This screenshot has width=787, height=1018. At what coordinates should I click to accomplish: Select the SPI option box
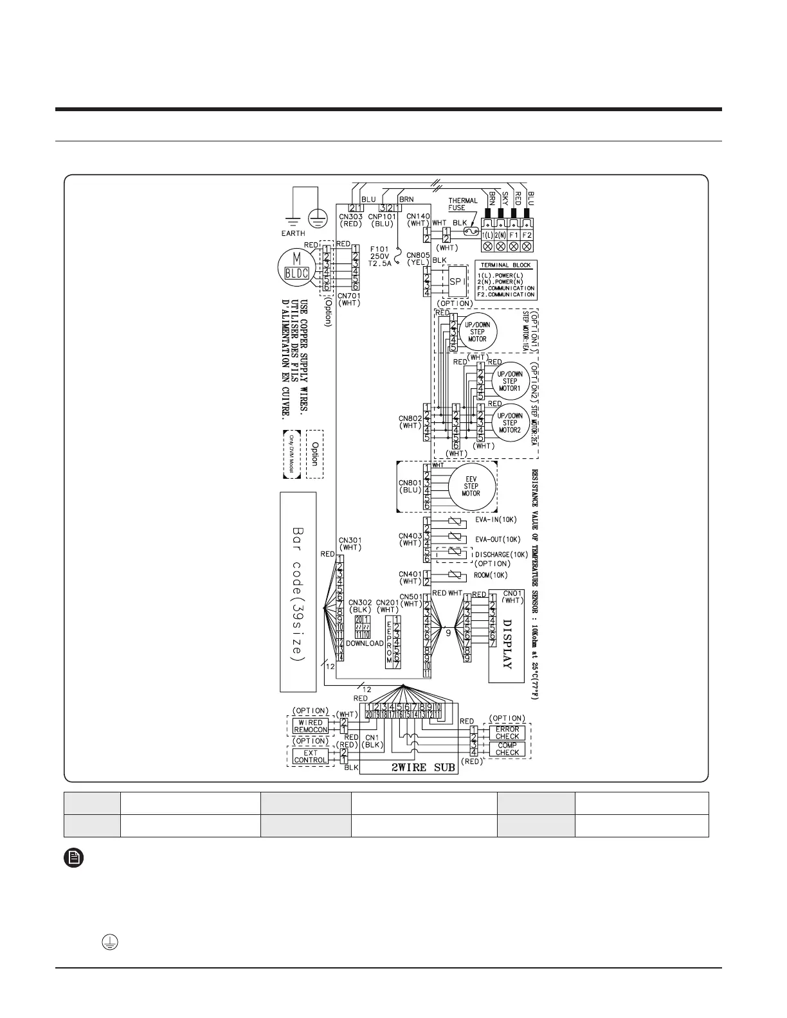coord(457,281)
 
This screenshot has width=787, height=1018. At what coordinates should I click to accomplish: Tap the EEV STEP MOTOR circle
coord(471,486)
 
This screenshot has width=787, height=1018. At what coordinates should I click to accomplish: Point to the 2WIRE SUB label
coord(423,767)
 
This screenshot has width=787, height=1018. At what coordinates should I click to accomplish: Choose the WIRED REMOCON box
coord(311,726)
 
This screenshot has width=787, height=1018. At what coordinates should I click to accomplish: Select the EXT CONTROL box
coord(311,756)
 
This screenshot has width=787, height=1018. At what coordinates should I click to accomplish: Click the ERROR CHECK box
coord(507,733)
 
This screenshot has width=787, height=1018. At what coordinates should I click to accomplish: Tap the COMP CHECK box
coord(507,749)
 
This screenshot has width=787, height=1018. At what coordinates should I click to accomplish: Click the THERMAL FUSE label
coord(462,204)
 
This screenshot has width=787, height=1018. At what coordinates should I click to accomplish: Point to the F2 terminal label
coord(527,235)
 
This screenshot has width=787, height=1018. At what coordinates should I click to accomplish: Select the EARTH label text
coord(293,233)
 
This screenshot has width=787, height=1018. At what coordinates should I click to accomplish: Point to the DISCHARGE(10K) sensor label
coord(502,555)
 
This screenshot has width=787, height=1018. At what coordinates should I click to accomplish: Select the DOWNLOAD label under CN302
coord(365,643)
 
